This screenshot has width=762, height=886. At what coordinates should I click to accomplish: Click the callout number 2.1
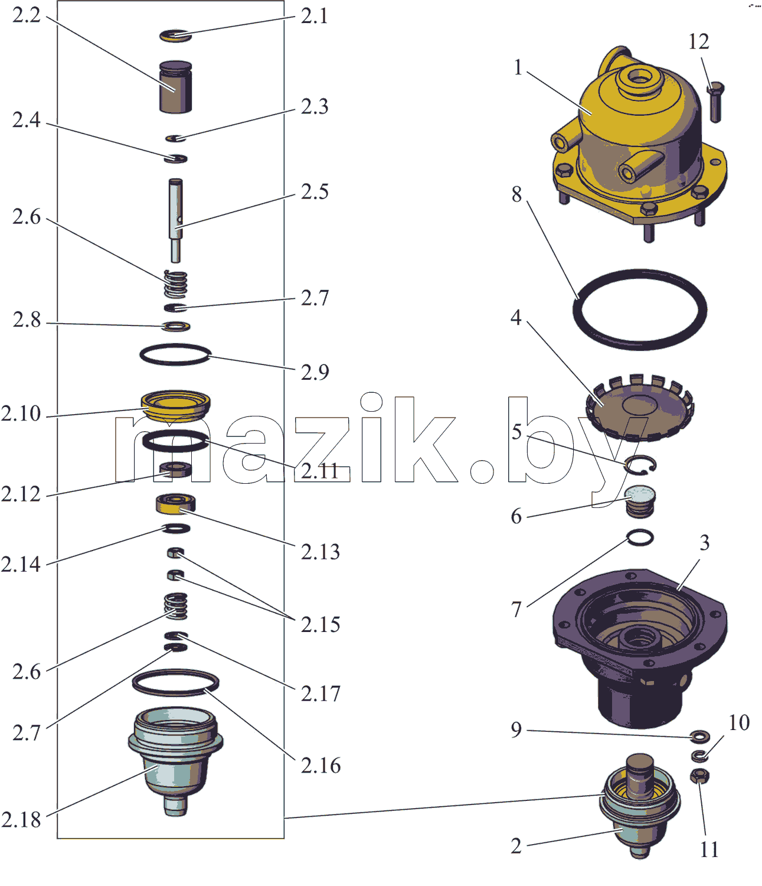(314, 17)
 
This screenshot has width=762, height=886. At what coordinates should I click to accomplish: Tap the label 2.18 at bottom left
(21, 820)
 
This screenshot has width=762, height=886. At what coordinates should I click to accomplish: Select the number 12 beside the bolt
(699, 41)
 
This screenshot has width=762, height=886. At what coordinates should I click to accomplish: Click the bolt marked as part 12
(715, 102)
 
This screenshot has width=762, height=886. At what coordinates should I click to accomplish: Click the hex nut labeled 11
(699, 776)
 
